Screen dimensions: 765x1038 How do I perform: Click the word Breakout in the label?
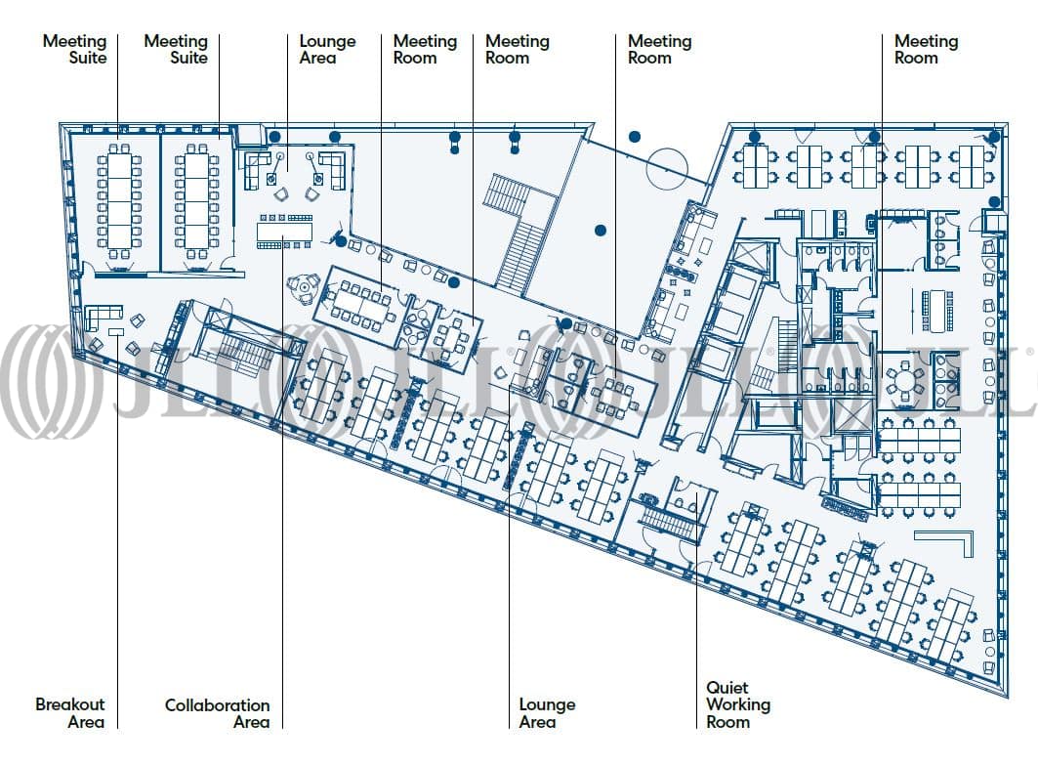70,704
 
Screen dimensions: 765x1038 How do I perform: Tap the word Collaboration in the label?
217,704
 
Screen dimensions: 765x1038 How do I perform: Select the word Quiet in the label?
727,688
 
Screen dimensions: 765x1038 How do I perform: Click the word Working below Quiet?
738,704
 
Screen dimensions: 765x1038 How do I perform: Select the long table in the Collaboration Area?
284,232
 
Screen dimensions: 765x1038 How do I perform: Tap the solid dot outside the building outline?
635,137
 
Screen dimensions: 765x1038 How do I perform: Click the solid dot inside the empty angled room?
601,231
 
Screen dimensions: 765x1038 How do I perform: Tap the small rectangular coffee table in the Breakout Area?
116,333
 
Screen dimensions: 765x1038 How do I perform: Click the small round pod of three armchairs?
304,285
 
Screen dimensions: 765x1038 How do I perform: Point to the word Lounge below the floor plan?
547,704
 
